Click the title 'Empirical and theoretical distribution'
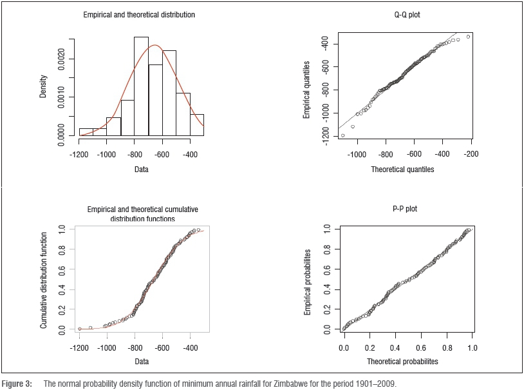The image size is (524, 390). (x=140, y=14)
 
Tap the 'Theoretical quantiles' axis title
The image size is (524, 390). (x=402, y=170)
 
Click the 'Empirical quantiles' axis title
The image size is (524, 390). (x=307, y=88)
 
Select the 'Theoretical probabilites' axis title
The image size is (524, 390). (x=402, y=362)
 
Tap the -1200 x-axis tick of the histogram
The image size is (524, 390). (x=80, y=155)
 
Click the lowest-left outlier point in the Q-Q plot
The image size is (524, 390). (x=342, y=135)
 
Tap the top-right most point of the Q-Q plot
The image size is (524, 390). (x=468, y=37)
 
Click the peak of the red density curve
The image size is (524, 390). (x=155, y=45)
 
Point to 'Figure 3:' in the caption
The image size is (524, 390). (x=17, y=384)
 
